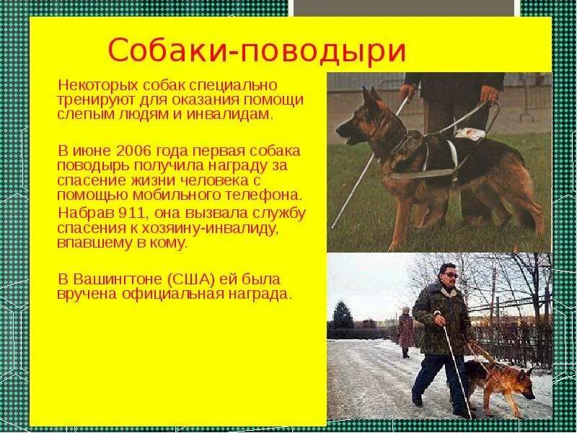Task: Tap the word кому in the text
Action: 172,242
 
